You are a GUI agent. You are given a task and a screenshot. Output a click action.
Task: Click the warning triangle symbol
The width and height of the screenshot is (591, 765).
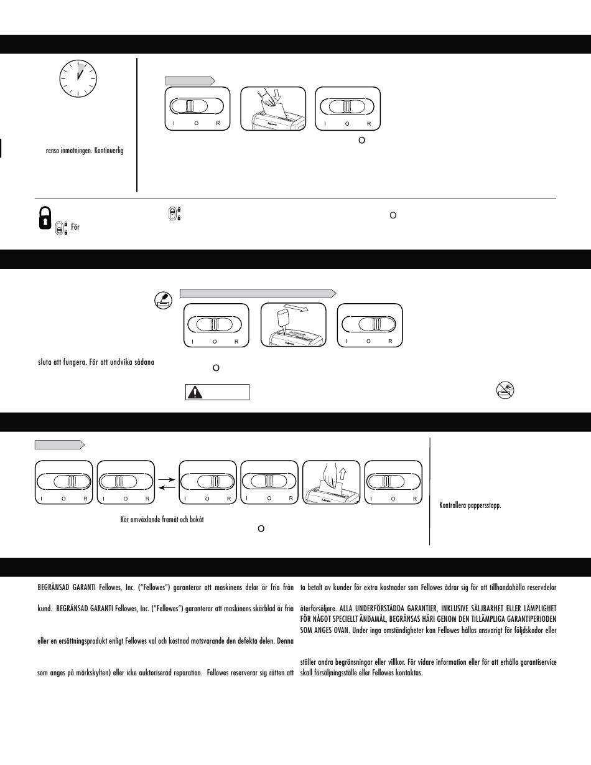click(197, 392)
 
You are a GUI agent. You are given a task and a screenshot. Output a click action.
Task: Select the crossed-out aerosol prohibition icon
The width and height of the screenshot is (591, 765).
click(505, 390)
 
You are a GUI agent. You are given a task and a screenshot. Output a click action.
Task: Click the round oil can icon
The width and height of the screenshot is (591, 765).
click(162, 301)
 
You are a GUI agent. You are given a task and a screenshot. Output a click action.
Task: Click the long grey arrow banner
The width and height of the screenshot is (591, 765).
click(258, 292)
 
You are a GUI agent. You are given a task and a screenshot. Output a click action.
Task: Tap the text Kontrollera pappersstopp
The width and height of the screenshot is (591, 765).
click(470, 505)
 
